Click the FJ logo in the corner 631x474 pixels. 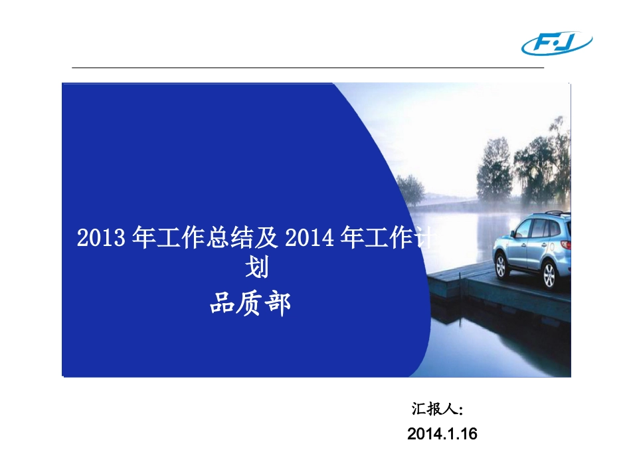click(x=557, y=43)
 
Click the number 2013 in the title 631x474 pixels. click(x=101, y=237)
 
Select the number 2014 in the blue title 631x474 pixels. click(x=309, y=237)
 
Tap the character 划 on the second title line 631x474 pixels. click(x=258, y=268)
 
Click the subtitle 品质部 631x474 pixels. click(x=250, y=304)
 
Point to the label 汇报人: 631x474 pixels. click(x=437, y=409)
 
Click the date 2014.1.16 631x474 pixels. click(x=442, y=433)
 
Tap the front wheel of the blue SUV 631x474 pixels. click(x=501, y=266)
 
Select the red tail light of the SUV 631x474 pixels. click(x=566, y=244)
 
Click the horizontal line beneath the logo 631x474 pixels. click(x=308, y=68)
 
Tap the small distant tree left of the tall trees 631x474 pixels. click(x=410, y=189)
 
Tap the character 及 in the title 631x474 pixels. click(x=266, y=237)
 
